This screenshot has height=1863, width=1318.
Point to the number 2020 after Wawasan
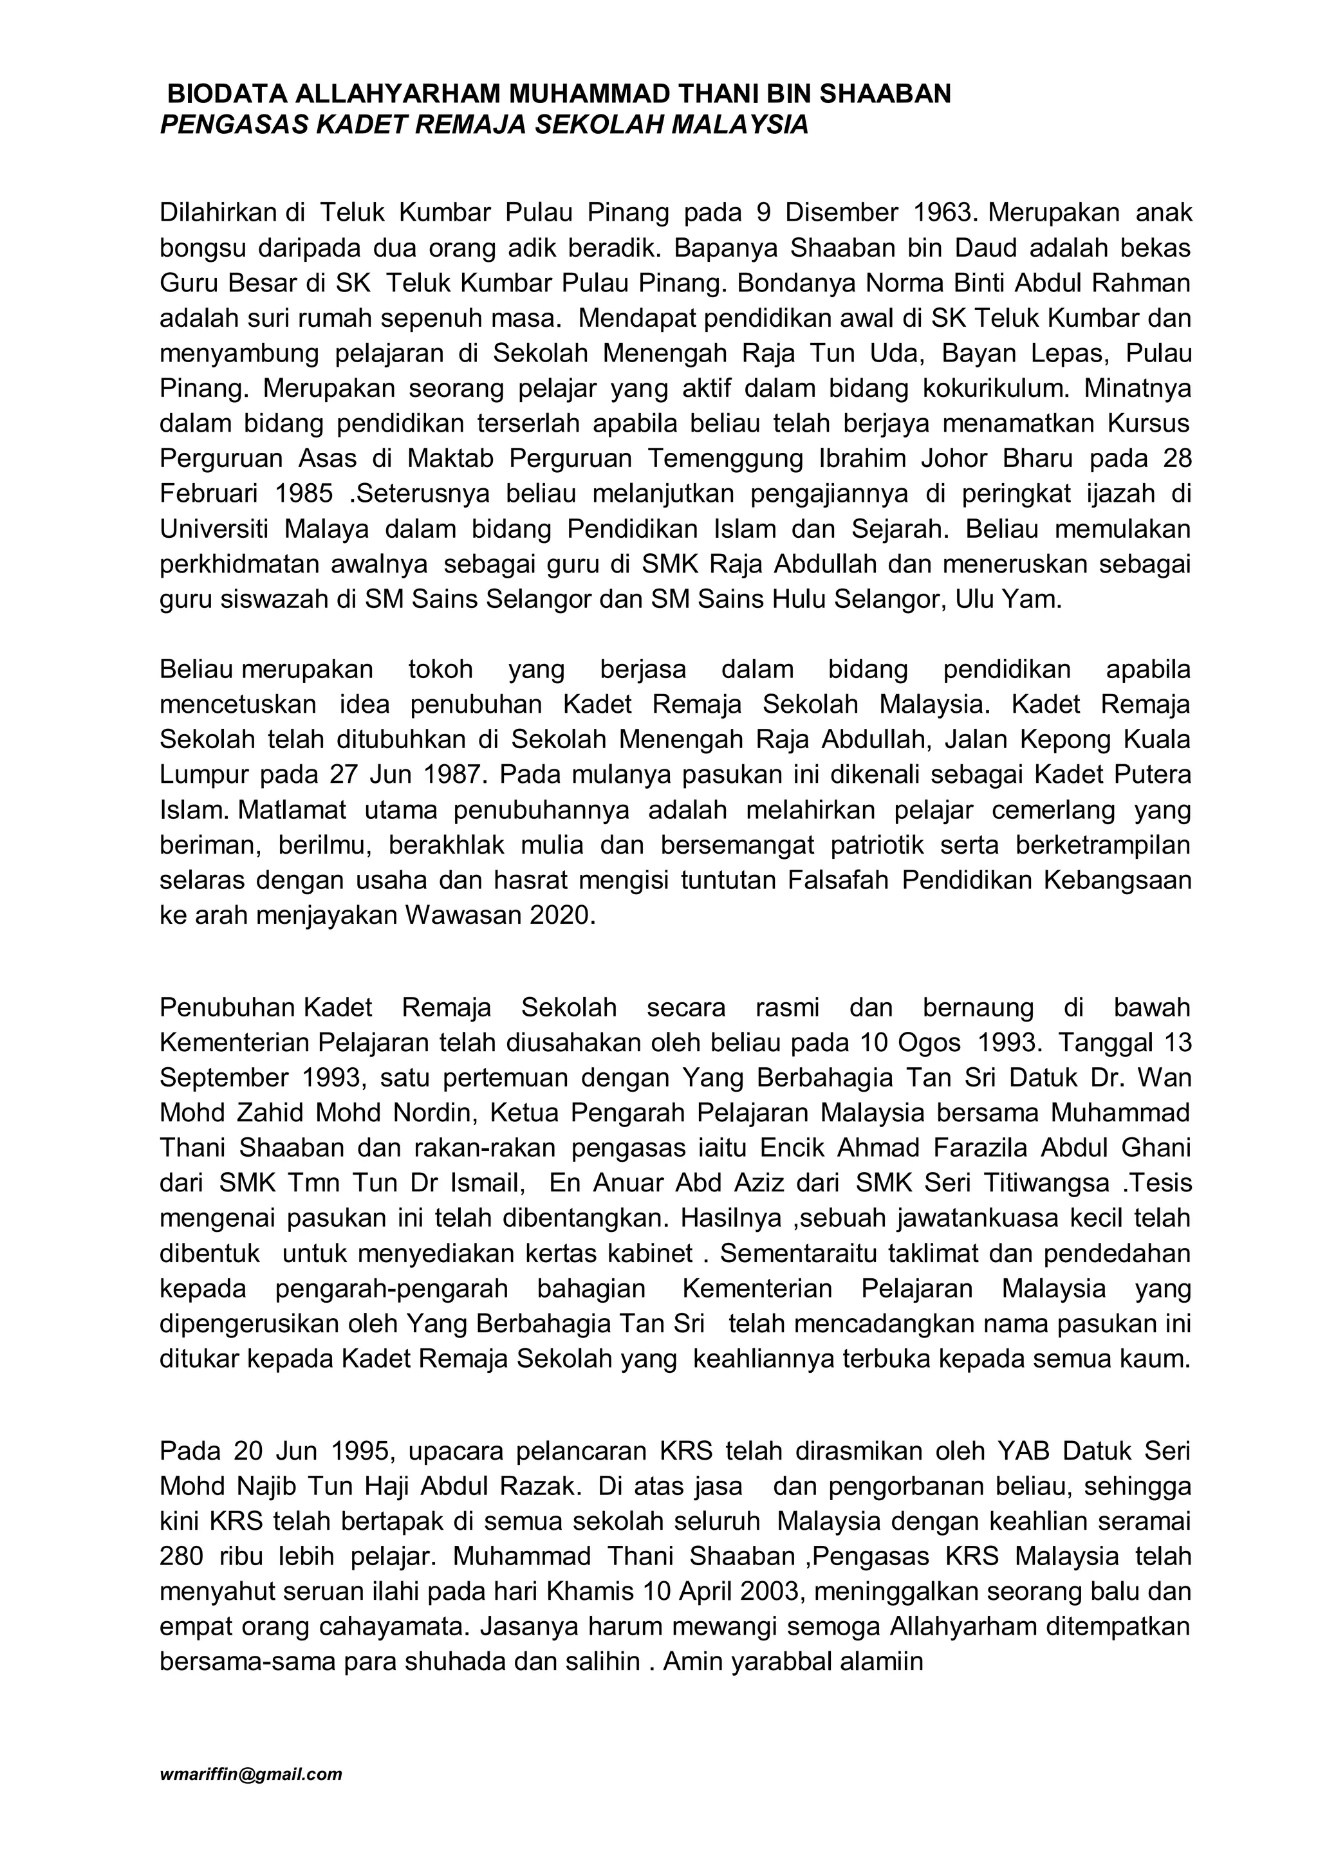562,915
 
